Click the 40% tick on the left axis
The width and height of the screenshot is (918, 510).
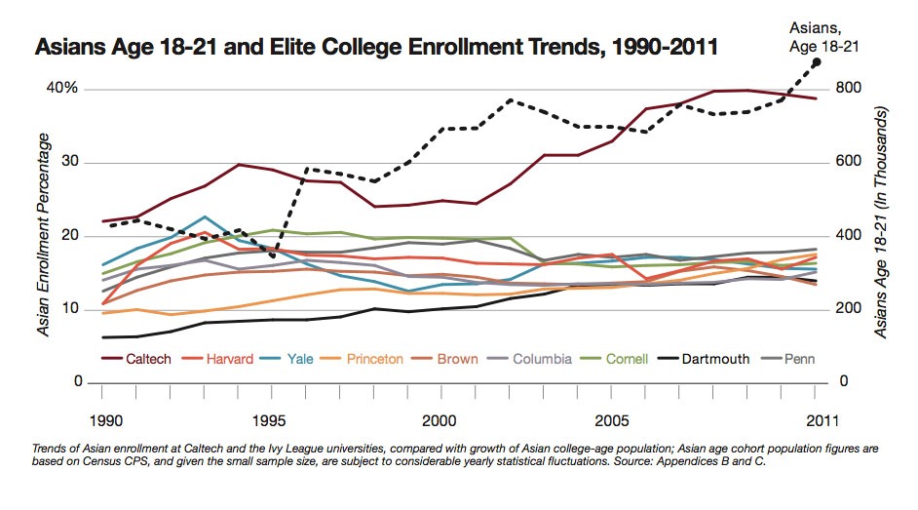[63, 89]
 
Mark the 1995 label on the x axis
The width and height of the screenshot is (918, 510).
[270, 421]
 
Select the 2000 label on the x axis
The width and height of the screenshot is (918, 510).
[440, 421]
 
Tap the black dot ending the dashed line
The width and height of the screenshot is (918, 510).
[817, 61]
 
